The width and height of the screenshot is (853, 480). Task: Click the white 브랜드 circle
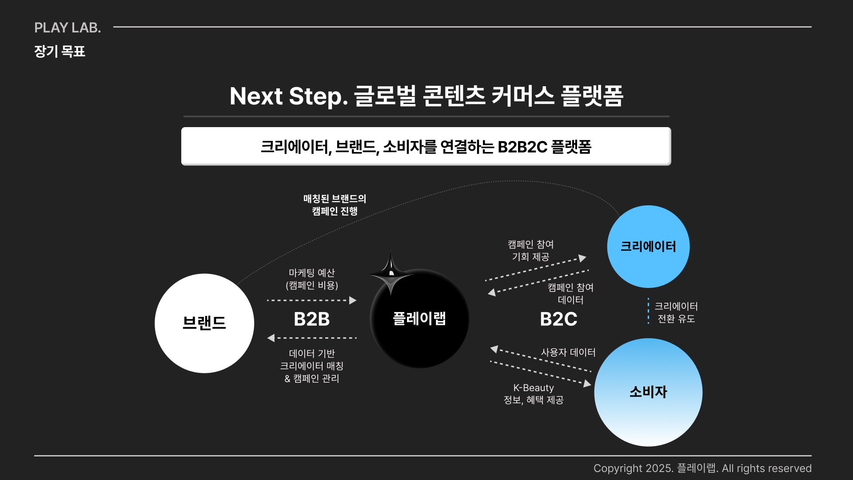coord(204,323)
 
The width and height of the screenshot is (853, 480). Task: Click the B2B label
coord(311,319)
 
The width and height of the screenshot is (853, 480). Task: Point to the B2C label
coord(558,319)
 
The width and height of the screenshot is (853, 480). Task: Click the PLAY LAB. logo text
coord(68,28)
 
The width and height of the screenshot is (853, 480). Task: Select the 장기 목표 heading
coord(60,52)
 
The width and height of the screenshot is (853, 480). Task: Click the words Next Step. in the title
coord(288,96)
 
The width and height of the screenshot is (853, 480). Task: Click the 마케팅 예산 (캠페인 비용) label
coord(311,279)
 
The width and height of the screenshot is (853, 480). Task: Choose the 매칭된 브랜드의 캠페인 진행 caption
coord(335,205)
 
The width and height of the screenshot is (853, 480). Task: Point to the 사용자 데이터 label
coord(568,352)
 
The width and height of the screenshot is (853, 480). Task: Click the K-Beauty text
coord(534,388)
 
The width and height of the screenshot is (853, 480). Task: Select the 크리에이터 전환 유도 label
coord(676,312)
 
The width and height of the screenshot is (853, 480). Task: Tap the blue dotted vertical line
coord(649,311)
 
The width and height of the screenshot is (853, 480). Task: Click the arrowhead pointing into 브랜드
coord(271,338)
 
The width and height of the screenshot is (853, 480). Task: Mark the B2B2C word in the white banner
coord(522,147)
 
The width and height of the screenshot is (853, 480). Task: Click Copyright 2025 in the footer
coord(634,468)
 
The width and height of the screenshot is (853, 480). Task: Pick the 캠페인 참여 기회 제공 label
coord(530,251)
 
